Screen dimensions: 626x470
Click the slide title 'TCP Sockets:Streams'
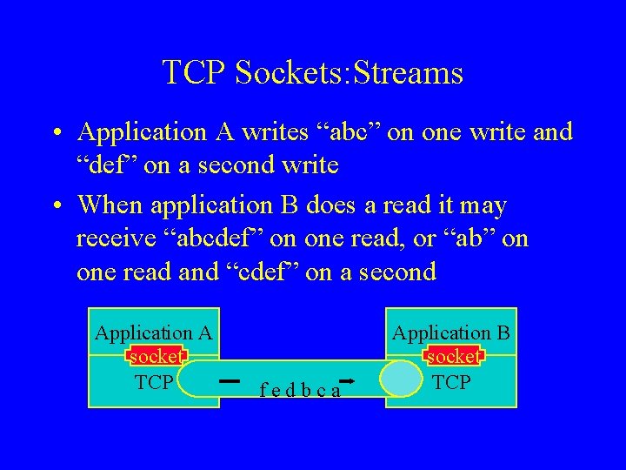(312, 72)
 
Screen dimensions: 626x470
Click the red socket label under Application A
(156, 357)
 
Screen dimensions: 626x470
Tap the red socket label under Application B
(452, 357)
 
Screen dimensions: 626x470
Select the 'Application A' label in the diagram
(153, 332)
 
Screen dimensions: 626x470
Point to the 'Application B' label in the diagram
(450, 332)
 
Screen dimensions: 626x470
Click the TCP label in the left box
(155, 381)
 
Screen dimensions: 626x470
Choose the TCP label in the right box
(451, 381)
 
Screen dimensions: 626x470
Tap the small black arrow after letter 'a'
(346, 381)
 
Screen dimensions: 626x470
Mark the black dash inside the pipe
(230, 380)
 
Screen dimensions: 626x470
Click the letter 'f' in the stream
(263, 391)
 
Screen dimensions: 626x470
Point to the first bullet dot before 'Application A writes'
(55, 133)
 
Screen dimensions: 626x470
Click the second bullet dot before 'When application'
(55, 207)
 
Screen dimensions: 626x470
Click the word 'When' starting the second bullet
(110, 205)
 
